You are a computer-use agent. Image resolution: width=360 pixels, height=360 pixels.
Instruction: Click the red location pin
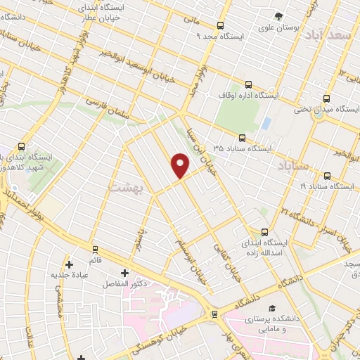click(x=181, y=165)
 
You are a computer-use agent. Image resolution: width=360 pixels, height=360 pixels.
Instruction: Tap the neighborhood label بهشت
click(x=126, y=186)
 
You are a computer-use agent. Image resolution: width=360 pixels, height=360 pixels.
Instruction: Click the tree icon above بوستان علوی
click(x=280, y=15)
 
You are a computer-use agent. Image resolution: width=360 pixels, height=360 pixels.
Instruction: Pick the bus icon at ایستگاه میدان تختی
click(x=326, y=98)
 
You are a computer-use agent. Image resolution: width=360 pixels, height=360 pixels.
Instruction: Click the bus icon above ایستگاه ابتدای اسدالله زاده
click(x=265, y=232)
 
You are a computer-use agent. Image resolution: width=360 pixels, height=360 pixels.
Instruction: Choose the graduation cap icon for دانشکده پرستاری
click(x=271, y=309)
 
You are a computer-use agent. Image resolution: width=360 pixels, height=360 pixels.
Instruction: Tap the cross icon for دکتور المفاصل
click(x=125, y=273)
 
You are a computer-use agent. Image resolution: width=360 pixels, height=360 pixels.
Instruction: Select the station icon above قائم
click(x=95, y=248)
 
